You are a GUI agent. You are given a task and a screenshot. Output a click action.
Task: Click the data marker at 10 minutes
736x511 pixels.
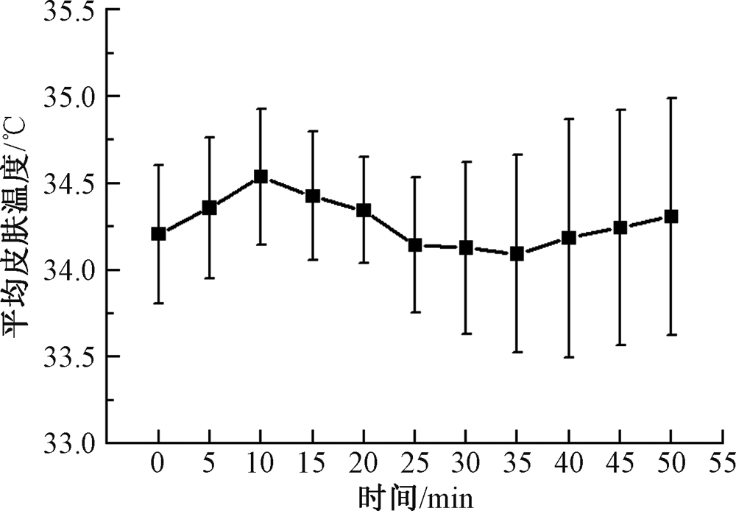[x=261, y=177]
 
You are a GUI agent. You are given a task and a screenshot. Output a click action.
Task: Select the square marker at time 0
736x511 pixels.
[x=158, y=234]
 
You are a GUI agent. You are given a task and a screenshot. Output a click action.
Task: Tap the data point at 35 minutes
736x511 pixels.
[x=517, y=254]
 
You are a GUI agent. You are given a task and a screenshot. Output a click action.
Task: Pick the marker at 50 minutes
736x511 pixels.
[x=670, y=216]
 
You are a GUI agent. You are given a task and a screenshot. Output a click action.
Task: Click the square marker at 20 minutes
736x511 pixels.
[x=363, y=211]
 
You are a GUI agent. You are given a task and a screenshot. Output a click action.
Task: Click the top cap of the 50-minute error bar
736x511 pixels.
[x=670, y=98]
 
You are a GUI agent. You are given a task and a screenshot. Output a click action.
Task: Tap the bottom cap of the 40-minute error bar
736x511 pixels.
[x=568, y=357]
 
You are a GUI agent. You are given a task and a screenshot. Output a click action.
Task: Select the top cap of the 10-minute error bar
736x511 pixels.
[x=261, y=108]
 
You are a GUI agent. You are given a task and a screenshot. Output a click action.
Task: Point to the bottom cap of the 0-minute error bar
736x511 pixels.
[x=158, y=303]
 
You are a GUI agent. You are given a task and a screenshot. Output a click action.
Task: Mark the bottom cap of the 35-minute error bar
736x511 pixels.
[x=517, y=353]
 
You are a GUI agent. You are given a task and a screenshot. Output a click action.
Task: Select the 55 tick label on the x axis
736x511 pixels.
[x=722, y=466]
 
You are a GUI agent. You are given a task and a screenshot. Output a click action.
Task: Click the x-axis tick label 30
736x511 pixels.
[x=465, y=466]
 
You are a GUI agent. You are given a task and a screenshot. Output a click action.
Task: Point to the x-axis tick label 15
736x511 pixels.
[x=311, y=466]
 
